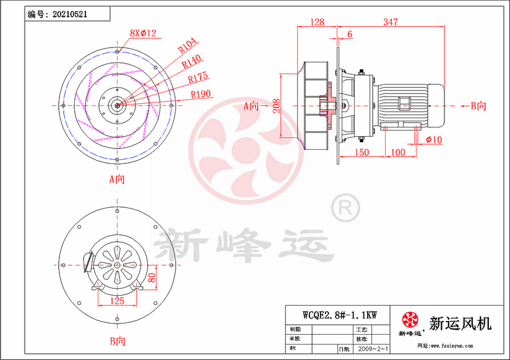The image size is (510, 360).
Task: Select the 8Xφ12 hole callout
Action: (143, 32)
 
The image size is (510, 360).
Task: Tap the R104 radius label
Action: (187, 43)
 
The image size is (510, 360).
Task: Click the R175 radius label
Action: (198, 77)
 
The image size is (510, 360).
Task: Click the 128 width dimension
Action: (317, 22)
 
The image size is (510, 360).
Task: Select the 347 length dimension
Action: (390, 22)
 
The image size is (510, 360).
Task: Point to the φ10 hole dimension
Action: (434, 140)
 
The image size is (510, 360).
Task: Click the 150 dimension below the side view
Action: (361, 152)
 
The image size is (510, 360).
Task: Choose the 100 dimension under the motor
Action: (399, 152)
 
